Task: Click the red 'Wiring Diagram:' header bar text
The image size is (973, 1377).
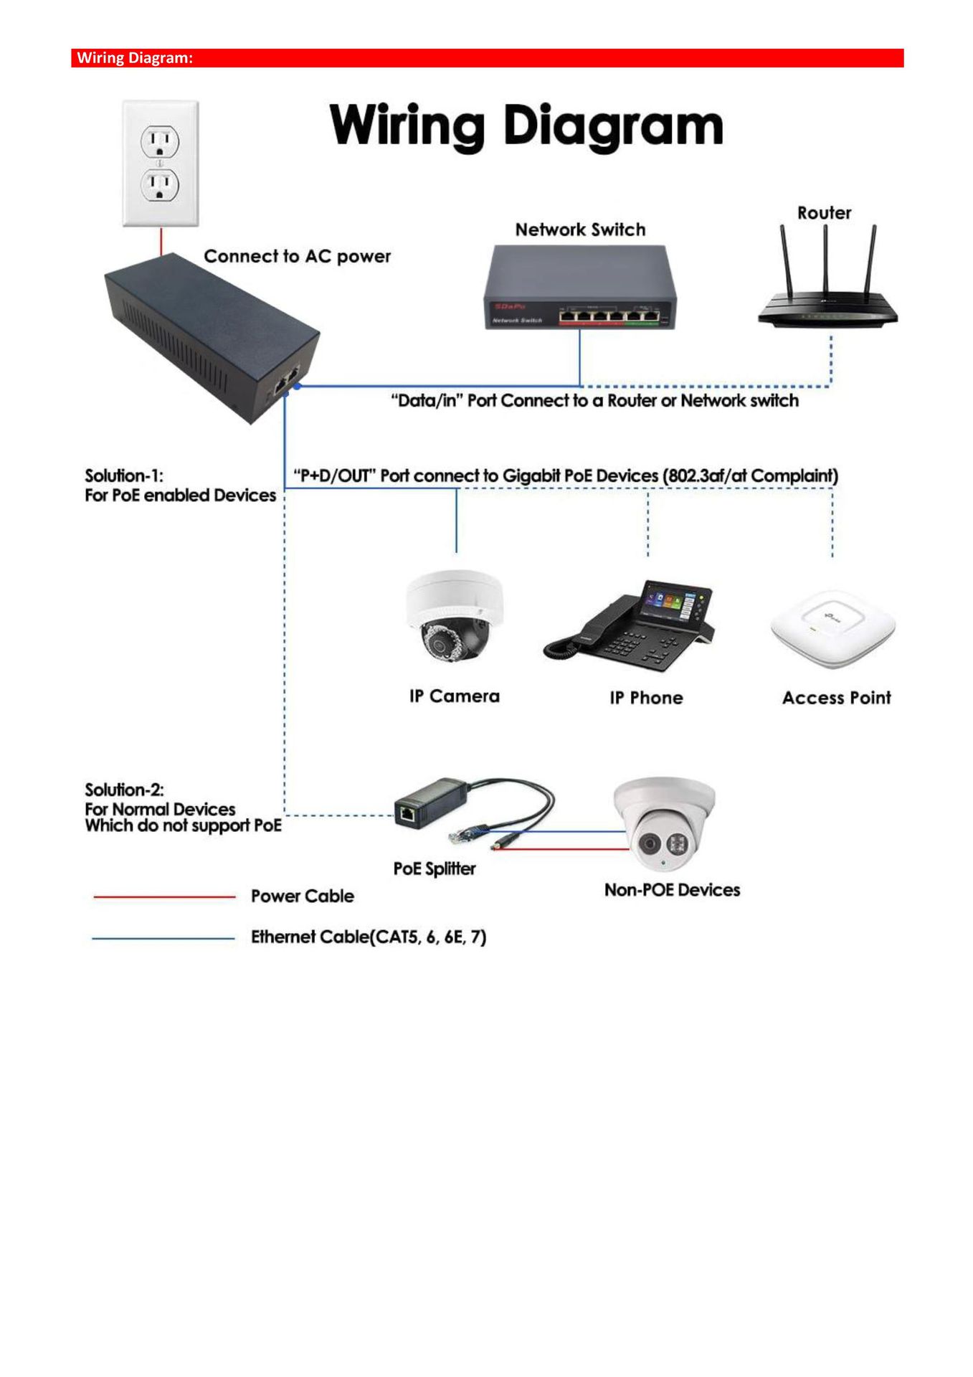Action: click(x=135, y=58)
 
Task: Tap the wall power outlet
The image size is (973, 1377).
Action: click(x=160, y=164)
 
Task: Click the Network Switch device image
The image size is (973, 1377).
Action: click(x=580, y=288)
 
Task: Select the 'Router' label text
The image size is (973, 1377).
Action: click(x=824, y=213)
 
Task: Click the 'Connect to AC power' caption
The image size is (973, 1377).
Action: click(x=297, y=257)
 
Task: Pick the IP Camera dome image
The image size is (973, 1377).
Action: click(x=455, y=616)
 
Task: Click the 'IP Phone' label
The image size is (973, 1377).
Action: click(x=646, y=698)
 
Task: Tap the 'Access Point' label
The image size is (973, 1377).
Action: click(x=836, y=698)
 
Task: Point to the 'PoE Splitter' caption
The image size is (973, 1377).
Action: click(x=435, y=869)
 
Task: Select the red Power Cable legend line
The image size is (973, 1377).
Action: click(x=164, y=896)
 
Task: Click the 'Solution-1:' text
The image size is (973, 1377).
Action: click(x=124, y=476)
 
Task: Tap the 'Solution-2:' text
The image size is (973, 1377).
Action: click(x=124, y=790)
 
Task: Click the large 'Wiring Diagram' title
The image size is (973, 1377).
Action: click(x=526, y=126)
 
